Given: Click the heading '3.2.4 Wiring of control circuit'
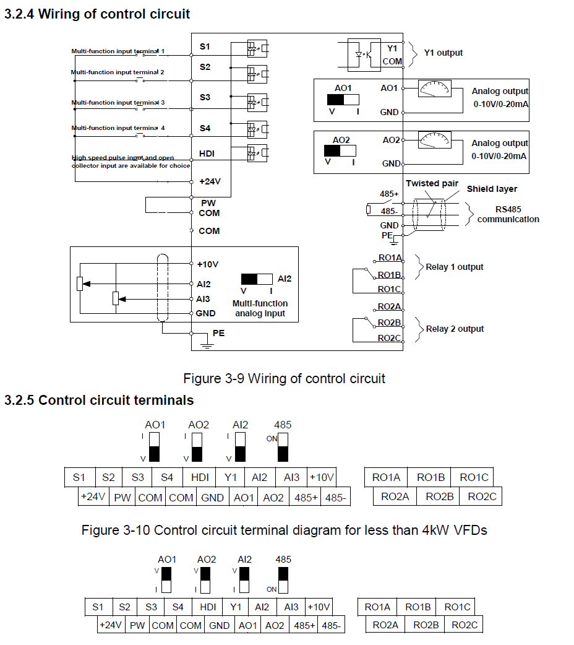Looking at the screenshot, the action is [97, 14].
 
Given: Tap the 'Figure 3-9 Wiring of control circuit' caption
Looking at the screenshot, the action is [284, 378].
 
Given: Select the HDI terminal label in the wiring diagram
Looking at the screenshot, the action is [207, 154].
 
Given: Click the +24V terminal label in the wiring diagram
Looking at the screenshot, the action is [210, 181].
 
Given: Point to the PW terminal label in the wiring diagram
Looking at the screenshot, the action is [208, 203].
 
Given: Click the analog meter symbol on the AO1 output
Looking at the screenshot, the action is [435, 89].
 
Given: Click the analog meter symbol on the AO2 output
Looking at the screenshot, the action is [435, 140].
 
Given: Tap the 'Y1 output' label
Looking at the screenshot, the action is [443, 53].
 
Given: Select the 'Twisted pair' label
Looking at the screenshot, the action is [432, 183].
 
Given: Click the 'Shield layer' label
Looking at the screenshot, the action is [492, 189].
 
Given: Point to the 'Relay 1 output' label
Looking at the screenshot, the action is [455, 267].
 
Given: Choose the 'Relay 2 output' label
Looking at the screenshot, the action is [455, 329].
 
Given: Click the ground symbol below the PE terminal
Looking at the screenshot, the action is [207, 345].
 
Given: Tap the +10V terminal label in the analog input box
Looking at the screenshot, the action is [208, 264].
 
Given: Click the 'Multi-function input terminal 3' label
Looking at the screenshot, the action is [118, 102].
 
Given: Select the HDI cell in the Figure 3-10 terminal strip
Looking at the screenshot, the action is [200, 477].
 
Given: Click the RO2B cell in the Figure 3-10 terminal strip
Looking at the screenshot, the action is [440, 496].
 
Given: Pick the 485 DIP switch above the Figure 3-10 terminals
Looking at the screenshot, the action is [283, 448].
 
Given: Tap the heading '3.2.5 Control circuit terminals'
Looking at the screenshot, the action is [99, 400].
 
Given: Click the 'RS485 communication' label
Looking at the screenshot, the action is [508, 214].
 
